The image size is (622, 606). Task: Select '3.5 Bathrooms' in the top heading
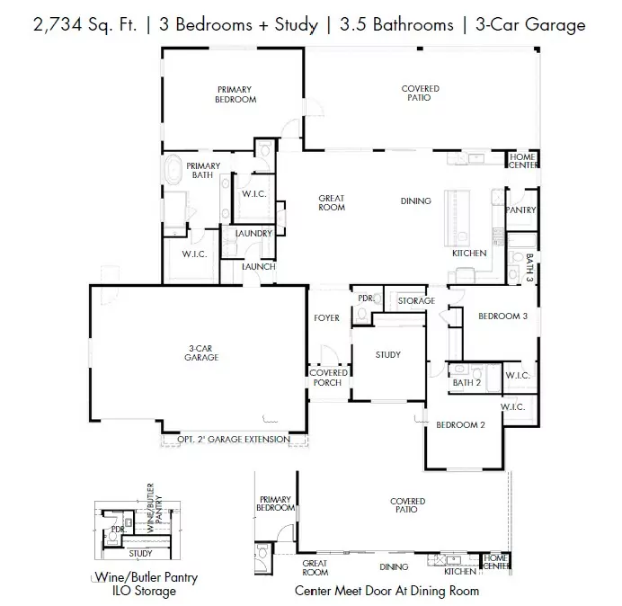coord(396,24)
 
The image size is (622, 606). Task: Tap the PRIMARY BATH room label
coord(202,170)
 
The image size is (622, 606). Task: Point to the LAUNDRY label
coord(253,234)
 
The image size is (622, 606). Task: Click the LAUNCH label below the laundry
coord(259,266)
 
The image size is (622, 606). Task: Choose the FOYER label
coord(325,317)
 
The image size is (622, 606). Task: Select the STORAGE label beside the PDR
coord(416,300)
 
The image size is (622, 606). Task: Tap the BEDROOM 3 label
coord(502,316)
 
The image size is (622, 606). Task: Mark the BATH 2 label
coord(467,383)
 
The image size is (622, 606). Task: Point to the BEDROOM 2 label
coord(460,424)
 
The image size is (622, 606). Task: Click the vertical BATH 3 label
coord(529,268)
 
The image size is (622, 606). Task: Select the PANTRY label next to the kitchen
coord(520,209)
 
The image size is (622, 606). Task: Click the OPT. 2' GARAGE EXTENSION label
coord(233,440)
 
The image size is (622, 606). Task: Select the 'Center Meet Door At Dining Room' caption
coord(387,591)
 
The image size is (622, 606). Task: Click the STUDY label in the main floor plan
coord(388,354)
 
